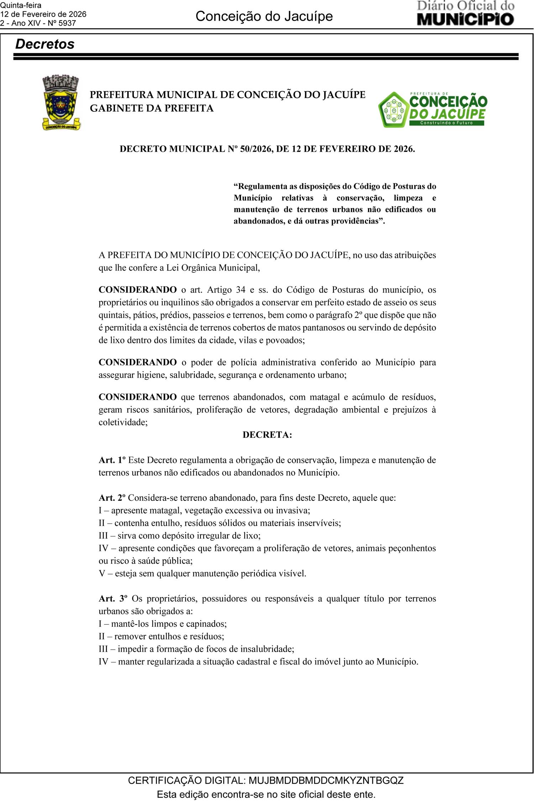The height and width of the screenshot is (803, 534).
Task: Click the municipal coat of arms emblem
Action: point(61,103)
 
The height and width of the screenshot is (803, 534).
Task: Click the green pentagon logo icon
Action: point(393,110)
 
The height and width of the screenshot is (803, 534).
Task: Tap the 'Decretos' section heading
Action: point(45,44)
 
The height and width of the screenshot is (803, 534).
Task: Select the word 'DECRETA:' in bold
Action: point(267,435)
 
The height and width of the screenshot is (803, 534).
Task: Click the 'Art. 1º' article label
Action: point(112,460)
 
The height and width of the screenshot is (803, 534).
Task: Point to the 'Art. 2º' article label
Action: point(112,498)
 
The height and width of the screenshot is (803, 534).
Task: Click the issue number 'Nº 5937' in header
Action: point(62,23)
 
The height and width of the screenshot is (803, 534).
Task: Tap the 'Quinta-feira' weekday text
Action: point(21,5)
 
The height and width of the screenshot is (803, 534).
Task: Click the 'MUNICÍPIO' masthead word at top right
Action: point(465,19)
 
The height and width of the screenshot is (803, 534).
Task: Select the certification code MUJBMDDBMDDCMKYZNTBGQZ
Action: point(326,781)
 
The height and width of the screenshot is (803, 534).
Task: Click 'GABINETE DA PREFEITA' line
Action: point(152,108)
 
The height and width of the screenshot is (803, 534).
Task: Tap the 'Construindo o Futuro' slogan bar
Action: point(446,123)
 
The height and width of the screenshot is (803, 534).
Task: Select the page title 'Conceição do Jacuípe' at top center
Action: point(264,16)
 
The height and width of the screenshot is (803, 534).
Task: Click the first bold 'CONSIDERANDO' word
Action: point(137,290)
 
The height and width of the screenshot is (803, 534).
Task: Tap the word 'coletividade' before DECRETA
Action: point(122,422)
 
